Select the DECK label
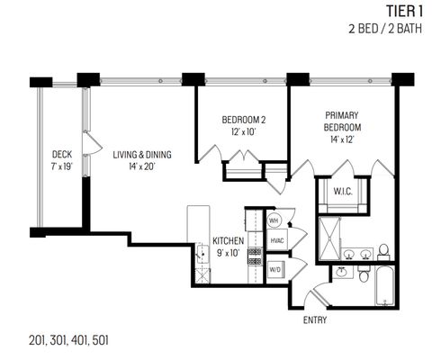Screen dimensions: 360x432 coord(61,154)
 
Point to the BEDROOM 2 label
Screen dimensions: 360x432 coord(244,120)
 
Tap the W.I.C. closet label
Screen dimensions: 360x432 coord(343,191)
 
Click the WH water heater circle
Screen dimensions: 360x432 coord(275,220)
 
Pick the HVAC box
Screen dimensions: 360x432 coord(277,241)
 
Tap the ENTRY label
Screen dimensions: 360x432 coord(315,319)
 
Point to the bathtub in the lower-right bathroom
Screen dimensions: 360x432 coord(385,286)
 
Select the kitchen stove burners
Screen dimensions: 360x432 coord(253,267)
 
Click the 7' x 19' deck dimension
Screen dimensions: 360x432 coord(61,166)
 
